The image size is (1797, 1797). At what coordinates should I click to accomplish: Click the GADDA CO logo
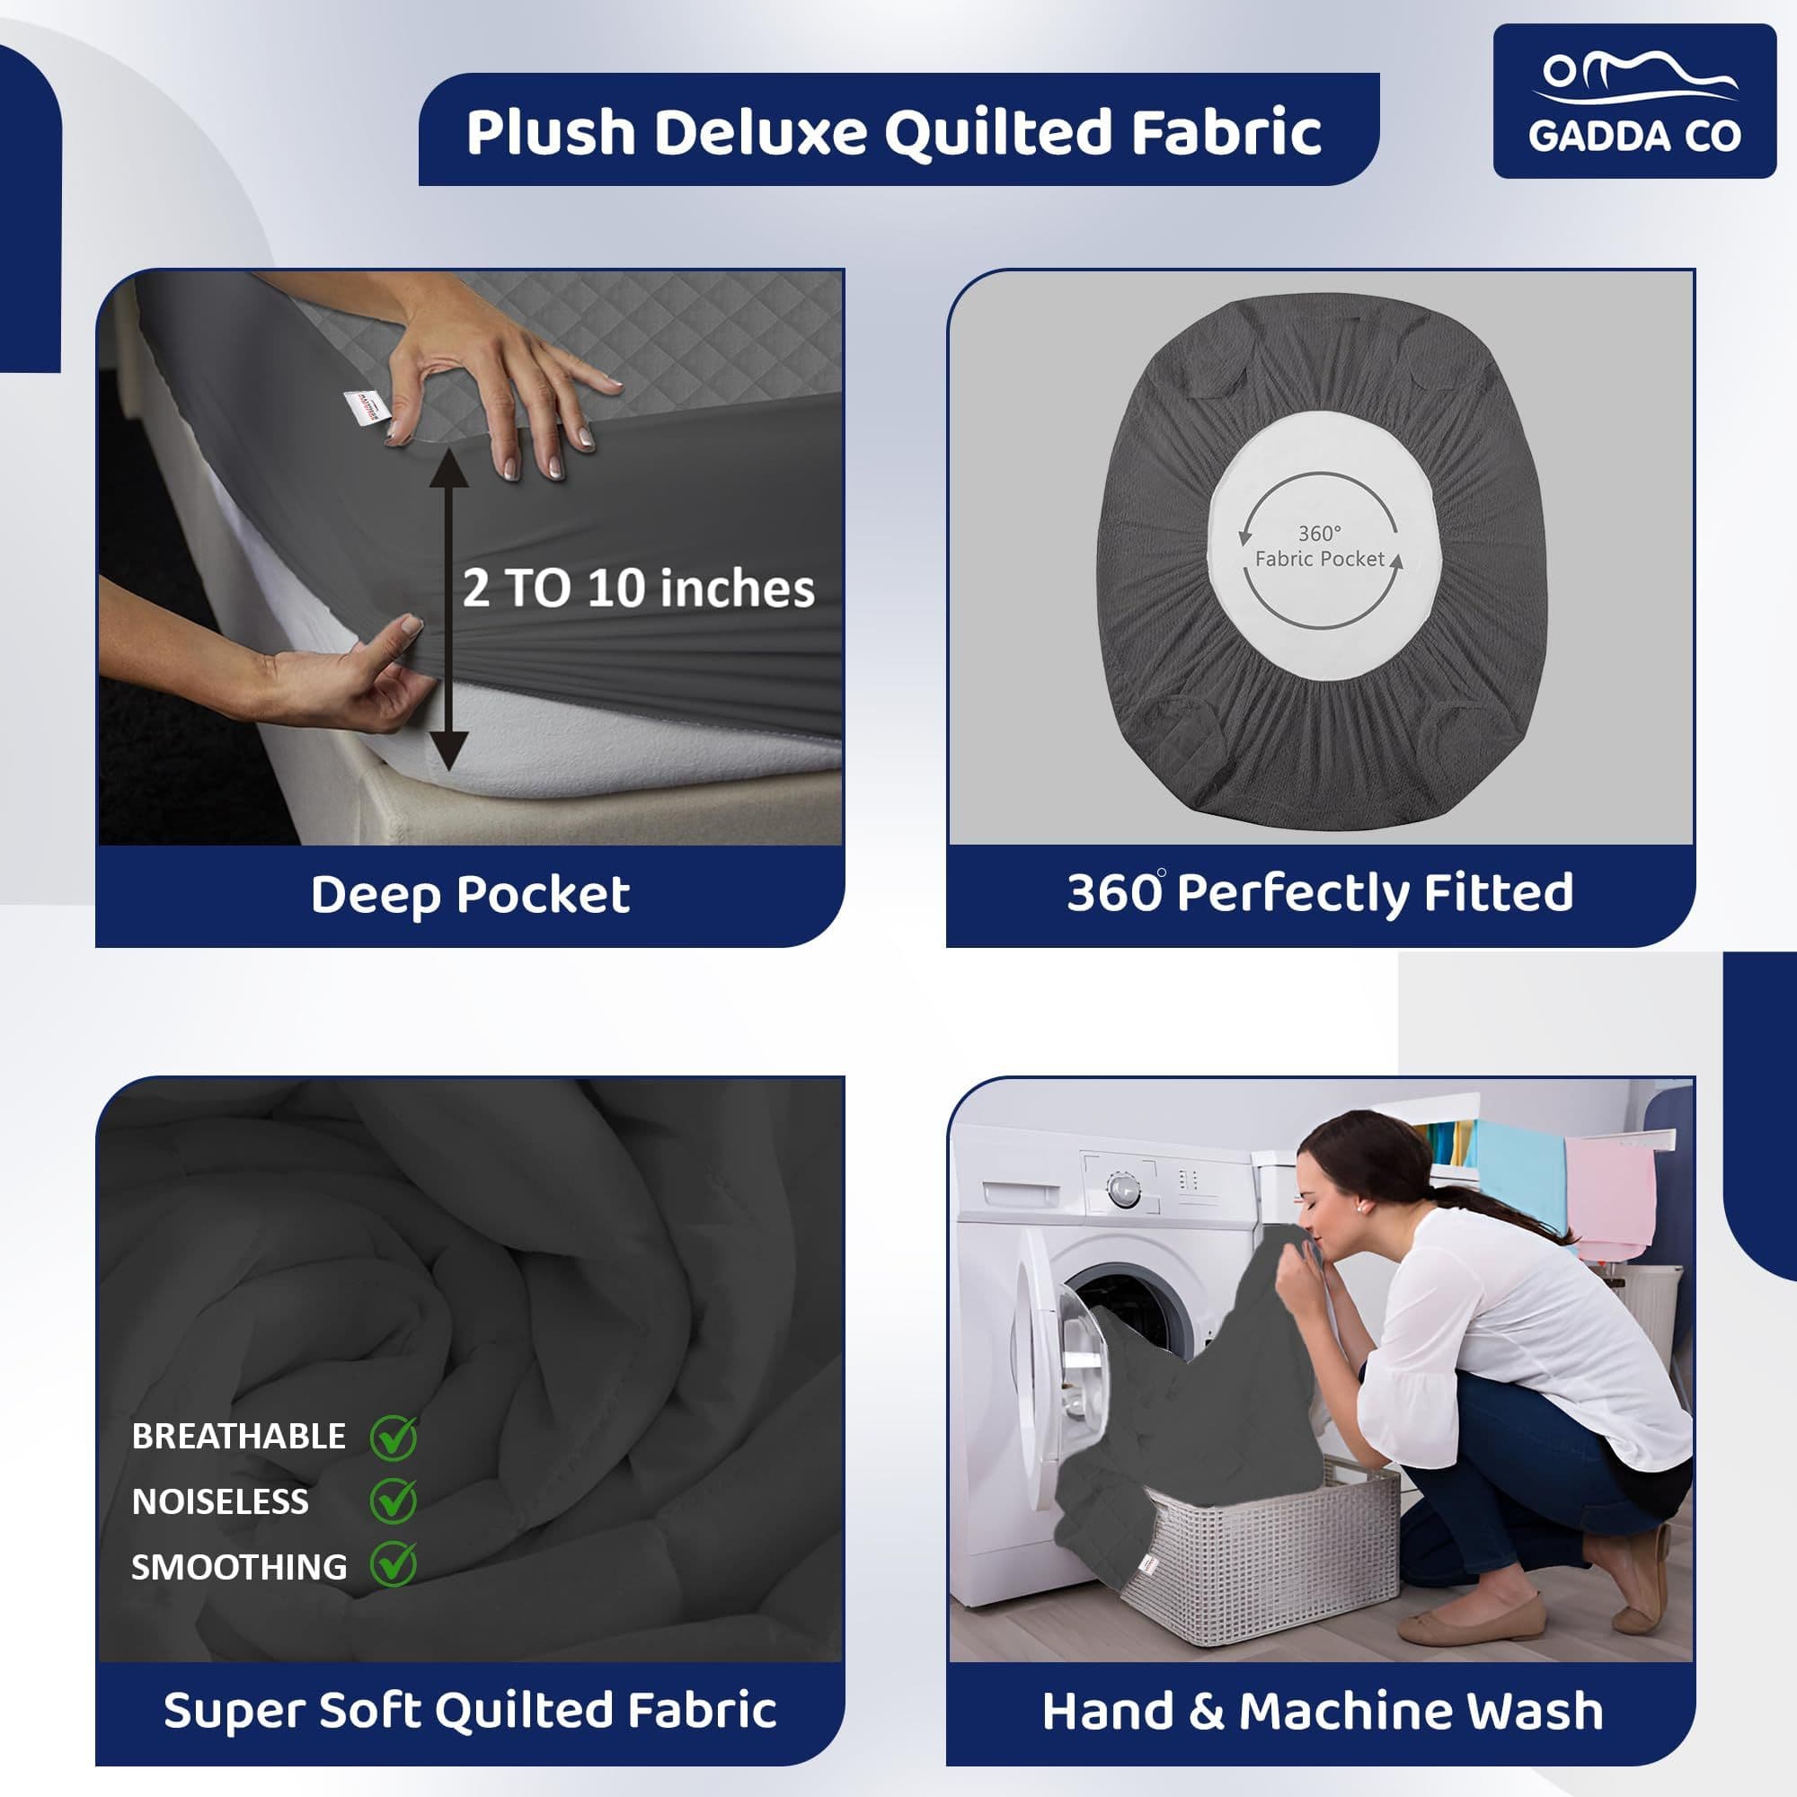coord(1633,101)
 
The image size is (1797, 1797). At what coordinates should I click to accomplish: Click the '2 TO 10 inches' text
coord(638,589)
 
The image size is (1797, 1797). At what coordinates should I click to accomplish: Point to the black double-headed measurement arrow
coord(448,609)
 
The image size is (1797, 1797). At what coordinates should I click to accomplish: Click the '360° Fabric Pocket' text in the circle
coord(1319,546)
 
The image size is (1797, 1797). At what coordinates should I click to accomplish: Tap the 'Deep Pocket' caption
coord(470,895)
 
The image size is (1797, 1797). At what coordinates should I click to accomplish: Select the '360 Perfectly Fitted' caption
coord(1319,893)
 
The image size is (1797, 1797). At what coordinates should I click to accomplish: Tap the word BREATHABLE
coord(238,1437)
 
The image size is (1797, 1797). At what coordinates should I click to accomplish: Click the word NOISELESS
coord(219,1502)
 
